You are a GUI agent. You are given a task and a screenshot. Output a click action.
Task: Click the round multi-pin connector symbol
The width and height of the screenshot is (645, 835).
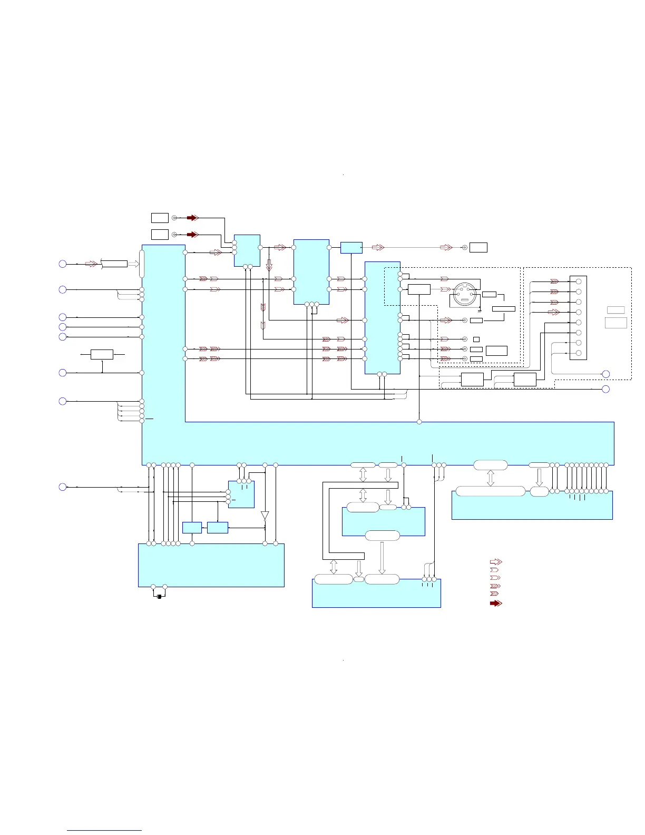[x=464, y=295]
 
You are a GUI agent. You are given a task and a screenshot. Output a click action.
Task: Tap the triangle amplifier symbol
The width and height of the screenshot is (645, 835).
[x=265, y=515]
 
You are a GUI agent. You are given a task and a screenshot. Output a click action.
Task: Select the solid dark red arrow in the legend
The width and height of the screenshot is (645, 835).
[x=496, y=603]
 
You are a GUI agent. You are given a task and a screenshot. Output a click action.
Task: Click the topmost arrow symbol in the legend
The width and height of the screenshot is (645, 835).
[x=496, y=562]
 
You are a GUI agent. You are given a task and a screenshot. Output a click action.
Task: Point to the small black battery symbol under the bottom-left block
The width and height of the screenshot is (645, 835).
[x=159, y=597]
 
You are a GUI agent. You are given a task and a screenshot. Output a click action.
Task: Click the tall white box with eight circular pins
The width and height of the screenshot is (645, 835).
[x=578, y=318]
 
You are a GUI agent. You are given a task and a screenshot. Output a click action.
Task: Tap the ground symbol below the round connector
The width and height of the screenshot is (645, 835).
[x=478, y=309]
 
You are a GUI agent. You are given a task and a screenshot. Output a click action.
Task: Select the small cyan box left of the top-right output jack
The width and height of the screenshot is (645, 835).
[x=351, y=247]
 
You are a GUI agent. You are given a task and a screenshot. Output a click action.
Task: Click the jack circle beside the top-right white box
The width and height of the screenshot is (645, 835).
[x=464, y=247]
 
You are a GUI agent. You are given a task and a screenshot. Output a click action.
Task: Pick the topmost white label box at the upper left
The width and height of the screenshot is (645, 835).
[x=160, y=218]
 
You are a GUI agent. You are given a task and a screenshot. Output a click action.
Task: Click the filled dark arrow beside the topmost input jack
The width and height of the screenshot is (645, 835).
[x=192, y=218]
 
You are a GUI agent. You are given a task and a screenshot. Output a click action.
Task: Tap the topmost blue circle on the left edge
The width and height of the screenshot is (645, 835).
[x=62, y=264]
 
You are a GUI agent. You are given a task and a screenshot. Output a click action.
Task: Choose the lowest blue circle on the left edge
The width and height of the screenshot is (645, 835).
[x=62, y=487]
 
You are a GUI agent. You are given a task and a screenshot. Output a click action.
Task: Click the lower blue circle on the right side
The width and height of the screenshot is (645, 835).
[x=606, y=389]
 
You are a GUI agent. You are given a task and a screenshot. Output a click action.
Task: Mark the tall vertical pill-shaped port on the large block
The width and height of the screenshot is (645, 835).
[x=141, y=264]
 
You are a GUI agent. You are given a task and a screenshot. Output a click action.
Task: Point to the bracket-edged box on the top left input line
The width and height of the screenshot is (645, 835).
[x=114, y=264]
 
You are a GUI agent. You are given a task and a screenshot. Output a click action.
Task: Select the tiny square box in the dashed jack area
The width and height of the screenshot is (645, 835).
[x=476, y=339]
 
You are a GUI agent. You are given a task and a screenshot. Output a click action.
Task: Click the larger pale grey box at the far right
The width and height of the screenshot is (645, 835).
[x=615, y=323]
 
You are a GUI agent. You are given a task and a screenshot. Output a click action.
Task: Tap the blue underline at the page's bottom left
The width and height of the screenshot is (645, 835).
[x=104, y=831]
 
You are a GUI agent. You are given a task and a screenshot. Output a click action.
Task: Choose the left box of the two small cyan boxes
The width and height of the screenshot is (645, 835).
[x=192, y=527]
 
